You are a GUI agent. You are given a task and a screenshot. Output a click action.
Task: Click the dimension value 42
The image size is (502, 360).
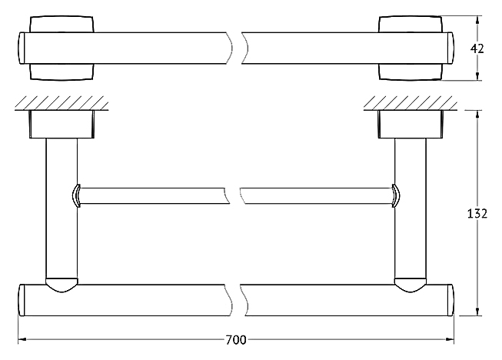point(477,48)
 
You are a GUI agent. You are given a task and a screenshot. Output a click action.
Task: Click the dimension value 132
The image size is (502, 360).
point(477,213)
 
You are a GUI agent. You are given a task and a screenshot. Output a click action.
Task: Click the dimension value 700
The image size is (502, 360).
point(236,340)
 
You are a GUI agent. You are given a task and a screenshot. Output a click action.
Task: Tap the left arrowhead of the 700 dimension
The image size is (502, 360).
point(22,339)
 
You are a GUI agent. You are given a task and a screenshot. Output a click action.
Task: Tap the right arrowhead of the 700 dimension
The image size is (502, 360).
point(450,339)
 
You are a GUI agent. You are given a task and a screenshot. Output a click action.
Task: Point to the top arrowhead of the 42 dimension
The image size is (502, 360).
point(477,20)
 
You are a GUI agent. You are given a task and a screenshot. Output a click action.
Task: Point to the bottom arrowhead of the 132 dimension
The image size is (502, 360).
point(477,312)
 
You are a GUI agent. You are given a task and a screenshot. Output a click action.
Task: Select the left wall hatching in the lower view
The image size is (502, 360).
point(62,103)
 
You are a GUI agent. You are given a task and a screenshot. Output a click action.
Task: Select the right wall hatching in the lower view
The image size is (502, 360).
point(411,103)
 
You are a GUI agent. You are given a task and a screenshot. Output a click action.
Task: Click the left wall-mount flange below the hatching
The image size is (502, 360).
point(62,125)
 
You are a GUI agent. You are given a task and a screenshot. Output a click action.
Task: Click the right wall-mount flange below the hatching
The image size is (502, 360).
point(411,125)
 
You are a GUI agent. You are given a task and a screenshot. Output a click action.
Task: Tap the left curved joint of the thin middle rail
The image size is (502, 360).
point(76,195)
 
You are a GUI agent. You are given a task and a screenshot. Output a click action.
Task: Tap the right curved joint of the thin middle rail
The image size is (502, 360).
point(396,195)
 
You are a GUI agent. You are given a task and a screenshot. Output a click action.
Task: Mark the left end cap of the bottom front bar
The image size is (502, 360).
point(22,300)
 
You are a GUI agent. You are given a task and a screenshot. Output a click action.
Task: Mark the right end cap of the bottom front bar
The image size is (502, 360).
point(450,300)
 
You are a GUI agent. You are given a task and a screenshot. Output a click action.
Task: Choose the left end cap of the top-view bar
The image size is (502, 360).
point(22,48)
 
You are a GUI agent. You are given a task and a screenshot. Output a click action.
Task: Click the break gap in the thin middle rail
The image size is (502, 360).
point(235,195)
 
